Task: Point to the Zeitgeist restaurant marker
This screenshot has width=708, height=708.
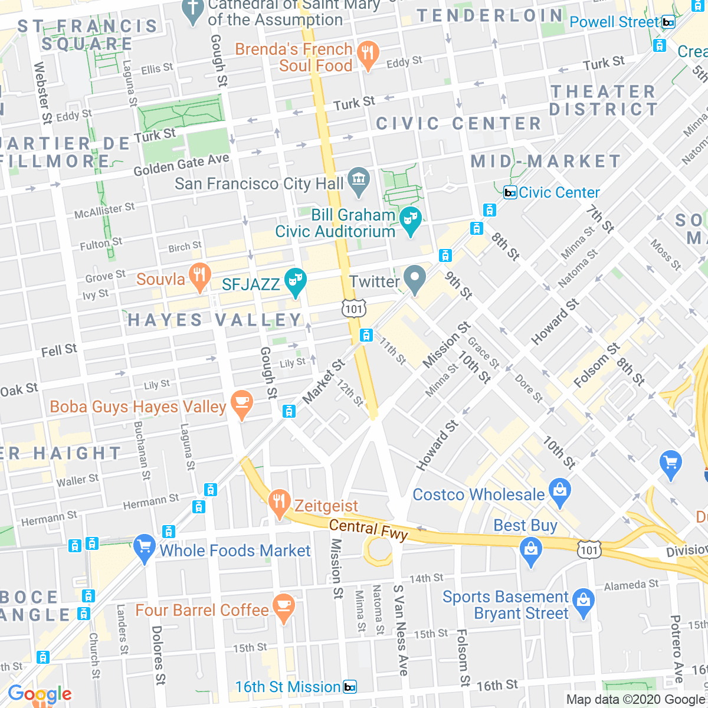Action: (278, 504)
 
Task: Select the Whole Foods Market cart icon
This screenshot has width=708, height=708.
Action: (144, 548)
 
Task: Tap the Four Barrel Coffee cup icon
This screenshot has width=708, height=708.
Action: (284, 608)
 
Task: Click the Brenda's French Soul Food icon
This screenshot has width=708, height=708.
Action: (368, 54)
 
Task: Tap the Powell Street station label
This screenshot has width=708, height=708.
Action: (614, 22)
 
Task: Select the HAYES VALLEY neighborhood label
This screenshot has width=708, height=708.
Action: (215, 320)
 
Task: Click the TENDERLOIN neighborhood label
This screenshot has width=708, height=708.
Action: (490, 15)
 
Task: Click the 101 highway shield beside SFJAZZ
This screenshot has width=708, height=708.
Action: (353, 309)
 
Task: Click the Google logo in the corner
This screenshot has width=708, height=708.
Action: (40, 694)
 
